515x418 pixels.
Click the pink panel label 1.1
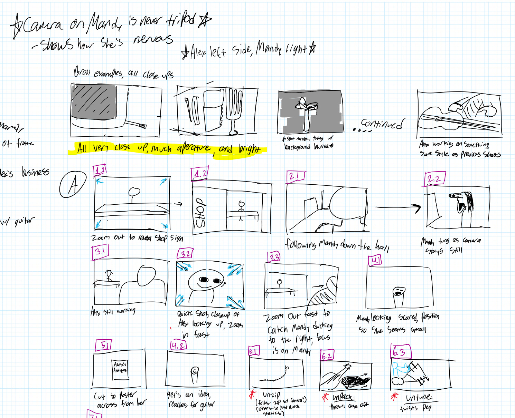tap(100, 170)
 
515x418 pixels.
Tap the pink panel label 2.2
tap(434, 179)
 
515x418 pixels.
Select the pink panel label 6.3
tap(400, 352)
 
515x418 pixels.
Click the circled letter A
tap(73, 185)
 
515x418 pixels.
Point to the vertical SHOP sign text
tap(200, 213)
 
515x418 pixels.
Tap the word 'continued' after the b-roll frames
tap(382, 124)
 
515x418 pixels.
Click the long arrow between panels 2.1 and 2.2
tap(397, 207)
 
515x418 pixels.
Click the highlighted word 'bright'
tap(249, 149)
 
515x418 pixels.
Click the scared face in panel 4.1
tap(399, 292)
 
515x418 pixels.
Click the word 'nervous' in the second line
tap(153, 39)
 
